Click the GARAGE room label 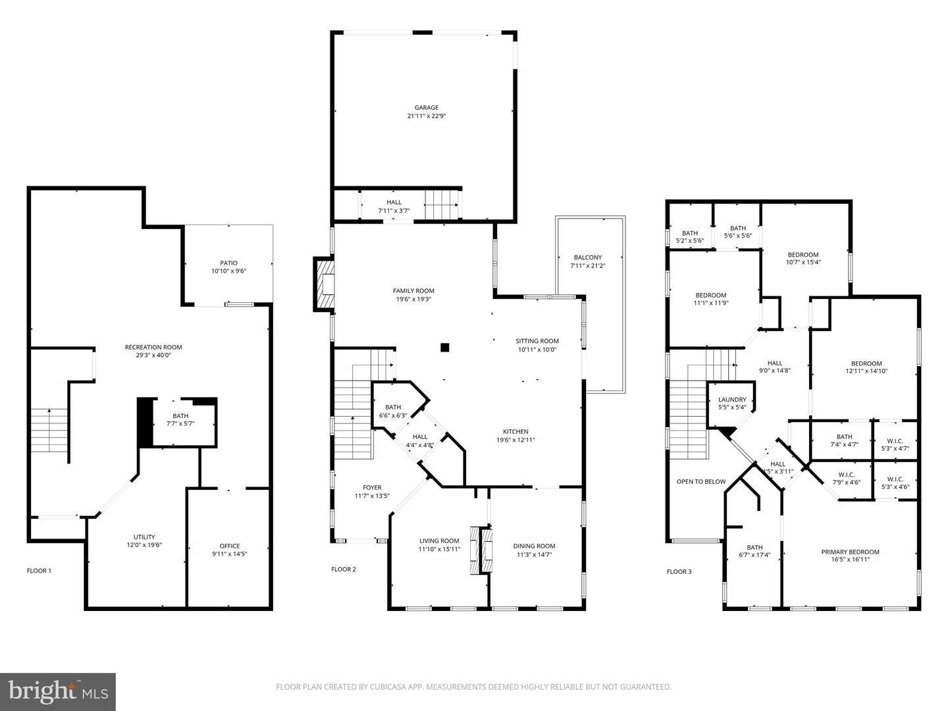point(427,107)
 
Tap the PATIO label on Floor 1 point(228,263)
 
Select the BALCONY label point(588,257)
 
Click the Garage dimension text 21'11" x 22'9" point(427,116)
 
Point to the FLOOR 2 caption point(344,569)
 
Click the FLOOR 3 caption point(679,571)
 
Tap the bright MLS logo point(58,691)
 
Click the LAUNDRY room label point(732,400)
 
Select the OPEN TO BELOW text point(701,481)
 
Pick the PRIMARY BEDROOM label point(850,552)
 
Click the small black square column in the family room point(445,347)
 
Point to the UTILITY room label point(144,537)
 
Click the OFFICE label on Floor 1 point(229,546)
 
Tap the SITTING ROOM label point(537,341)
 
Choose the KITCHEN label point(515,431)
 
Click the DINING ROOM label point(534,546)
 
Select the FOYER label point(372,487)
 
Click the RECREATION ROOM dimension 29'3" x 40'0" point(153,355)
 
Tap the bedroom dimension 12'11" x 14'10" point(866,371)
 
